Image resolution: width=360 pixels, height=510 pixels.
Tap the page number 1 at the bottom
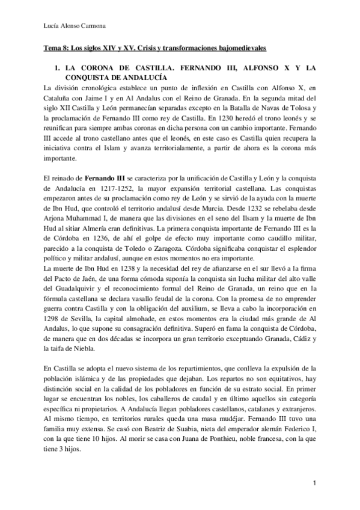314,482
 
